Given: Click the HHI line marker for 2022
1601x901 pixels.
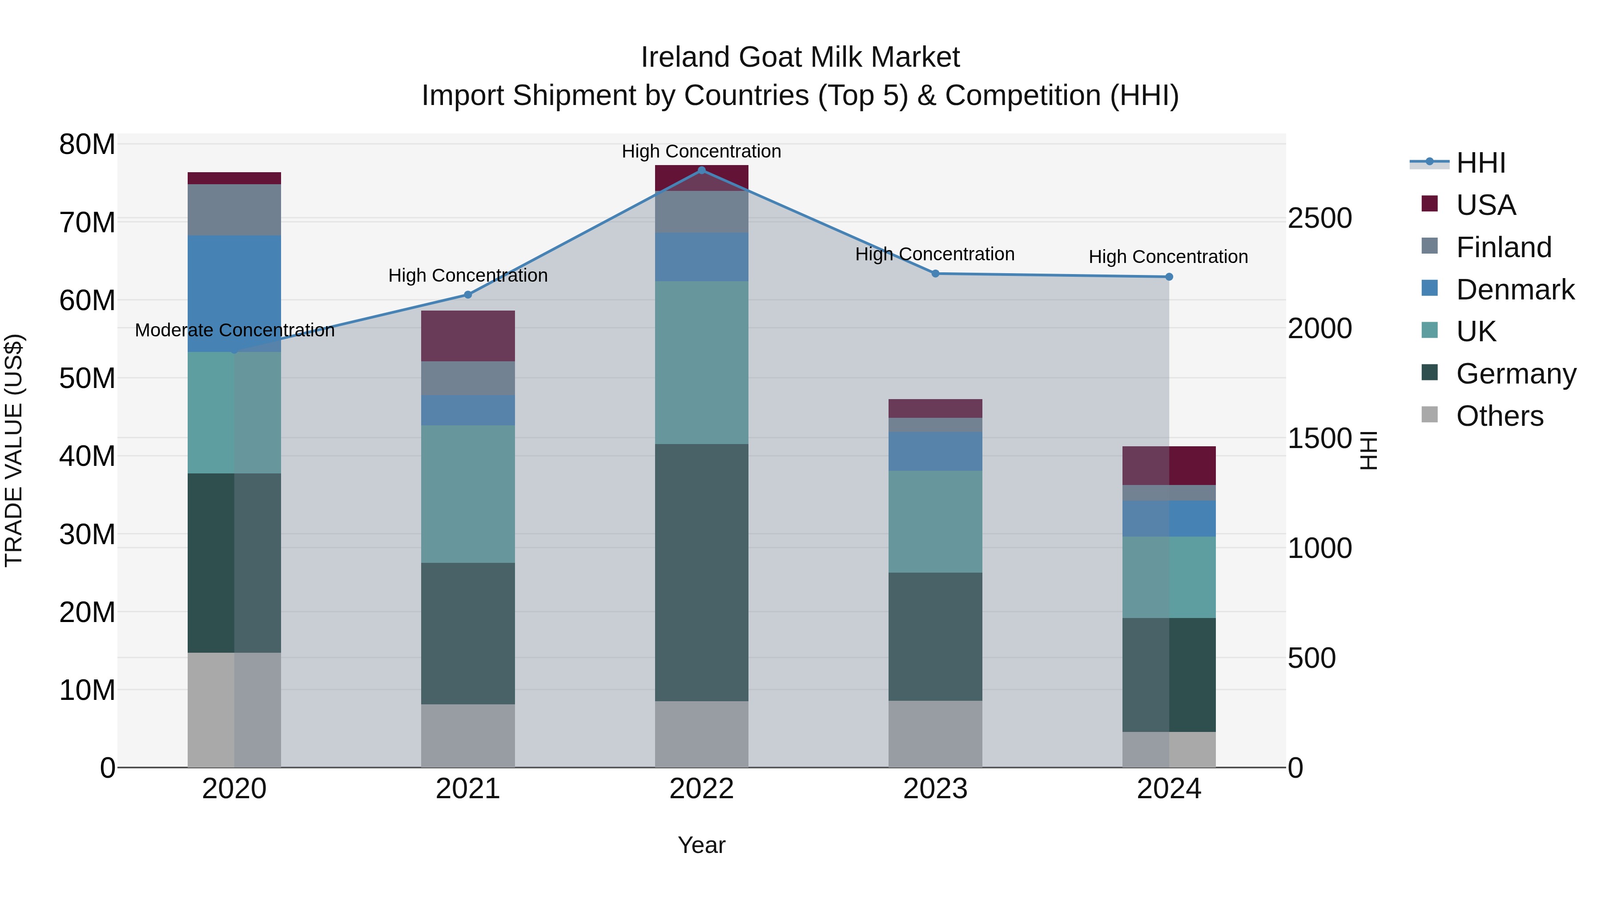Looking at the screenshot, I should point(702,170).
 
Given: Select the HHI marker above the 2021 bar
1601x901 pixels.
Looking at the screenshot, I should point(468,295).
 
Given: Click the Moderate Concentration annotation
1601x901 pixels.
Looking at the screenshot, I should point(234,330).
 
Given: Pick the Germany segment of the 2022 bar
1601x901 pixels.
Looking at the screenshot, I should point(702,572).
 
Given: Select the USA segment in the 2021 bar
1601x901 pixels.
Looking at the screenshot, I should point(468,336).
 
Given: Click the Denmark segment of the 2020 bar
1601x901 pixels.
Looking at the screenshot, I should point(234,294).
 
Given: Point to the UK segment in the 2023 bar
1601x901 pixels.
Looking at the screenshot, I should point(935,521).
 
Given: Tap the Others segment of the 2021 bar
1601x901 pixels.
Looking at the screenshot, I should point(468,735).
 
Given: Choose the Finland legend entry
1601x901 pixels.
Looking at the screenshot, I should point(1504,247).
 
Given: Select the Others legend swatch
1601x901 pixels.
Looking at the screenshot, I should point(1429,415).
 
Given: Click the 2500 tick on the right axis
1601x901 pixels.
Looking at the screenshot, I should point(1319,218).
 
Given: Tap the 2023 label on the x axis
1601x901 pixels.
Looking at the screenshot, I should point(935,789).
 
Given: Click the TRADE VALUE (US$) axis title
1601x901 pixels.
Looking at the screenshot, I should point(14,450).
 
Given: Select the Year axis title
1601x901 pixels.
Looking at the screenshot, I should point(702,845).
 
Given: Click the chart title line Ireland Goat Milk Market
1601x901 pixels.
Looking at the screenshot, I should point(800,57).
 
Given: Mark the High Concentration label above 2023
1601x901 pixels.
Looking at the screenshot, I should point(935,255).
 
